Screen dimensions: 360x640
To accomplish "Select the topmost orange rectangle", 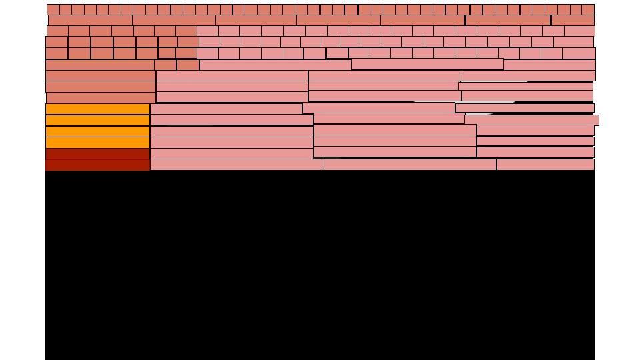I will coord(98,109).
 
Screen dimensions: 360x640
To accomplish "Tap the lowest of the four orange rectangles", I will coord(98,143).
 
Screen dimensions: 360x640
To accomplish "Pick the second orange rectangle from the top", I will coord(98,121).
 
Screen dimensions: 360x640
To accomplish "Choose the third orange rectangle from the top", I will coord(98,131).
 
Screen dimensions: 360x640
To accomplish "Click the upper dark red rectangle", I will coord(98,154).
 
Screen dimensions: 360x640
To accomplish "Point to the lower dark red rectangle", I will coord(98,165).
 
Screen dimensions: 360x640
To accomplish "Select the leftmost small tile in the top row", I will coord(53,10).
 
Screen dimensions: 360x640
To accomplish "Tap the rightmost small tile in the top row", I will coord(588,10).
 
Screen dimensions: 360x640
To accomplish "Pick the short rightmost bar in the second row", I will coord(573,21).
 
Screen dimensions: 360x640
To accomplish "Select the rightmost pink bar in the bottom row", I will coord(545,165).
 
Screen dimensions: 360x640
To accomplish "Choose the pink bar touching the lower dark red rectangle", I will coord(237,165).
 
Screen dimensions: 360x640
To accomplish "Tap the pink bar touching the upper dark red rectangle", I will coord(231,154).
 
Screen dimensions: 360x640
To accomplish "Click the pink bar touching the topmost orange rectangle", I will coord(227,109).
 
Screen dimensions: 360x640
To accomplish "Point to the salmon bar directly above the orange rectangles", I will coord(100,98).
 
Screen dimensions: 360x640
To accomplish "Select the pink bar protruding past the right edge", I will coord(532,121).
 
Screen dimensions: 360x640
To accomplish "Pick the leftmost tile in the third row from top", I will coord(57,31).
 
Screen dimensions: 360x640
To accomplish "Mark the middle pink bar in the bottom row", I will coord(409,165).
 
